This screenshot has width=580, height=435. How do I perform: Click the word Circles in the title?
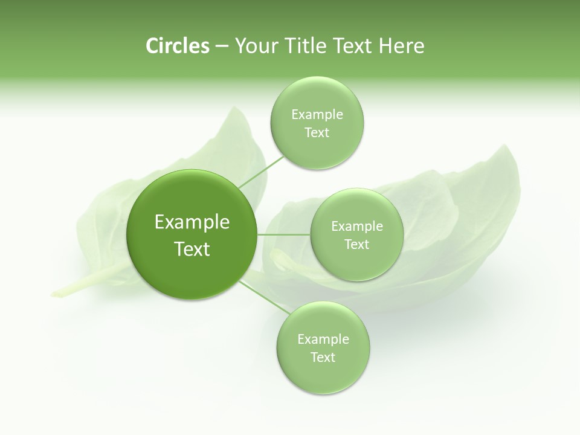(x=177, y=46)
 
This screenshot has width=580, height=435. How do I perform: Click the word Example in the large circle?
(x=192, y=222)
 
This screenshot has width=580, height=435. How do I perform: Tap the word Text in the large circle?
(x=192, y=249)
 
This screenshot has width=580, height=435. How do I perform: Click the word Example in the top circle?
(x=317, y=115)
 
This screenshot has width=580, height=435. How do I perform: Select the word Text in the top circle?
(x=317, y=133)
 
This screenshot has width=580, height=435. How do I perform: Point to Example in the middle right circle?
(x=356, y=227)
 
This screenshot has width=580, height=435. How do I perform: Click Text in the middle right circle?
(x=356, y=245)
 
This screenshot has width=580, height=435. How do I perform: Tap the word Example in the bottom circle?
(x=323, y=340)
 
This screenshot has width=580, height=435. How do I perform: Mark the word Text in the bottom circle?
(x=323, y=358)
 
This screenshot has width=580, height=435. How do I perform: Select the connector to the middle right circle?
(x=284, y=234)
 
